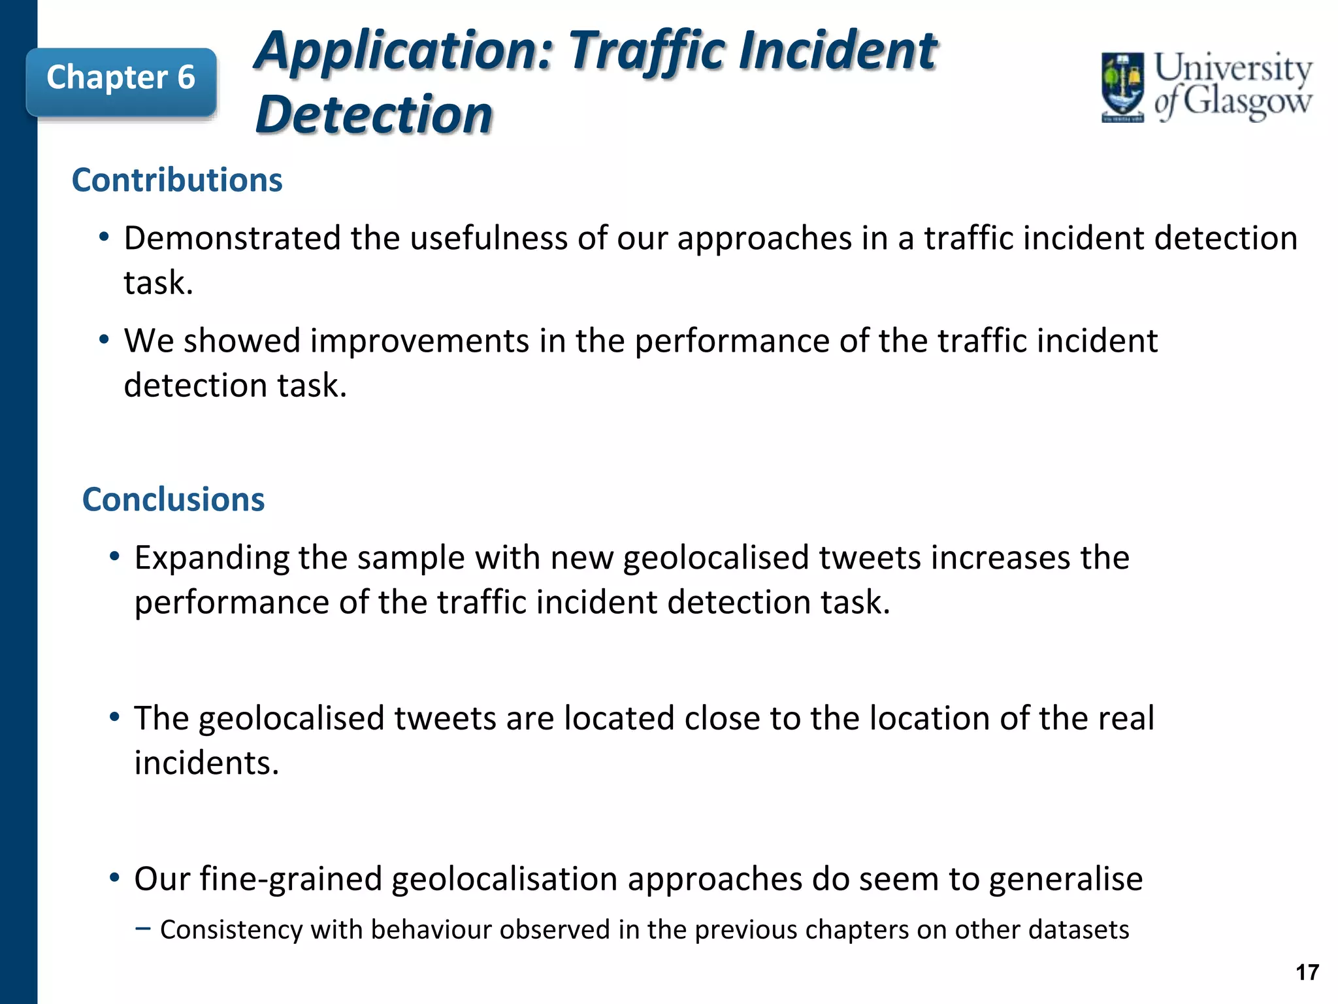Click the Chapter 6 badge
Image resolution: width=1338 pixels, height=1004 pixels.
pyautogui.click(x=121, y=78)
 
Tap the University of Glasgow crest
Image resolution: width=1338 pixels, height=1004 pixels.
pyautogui.click(x=1122, y=87)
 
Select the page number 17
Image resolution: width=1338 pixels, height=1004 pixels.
pyautogui.click(x=1307, y=973)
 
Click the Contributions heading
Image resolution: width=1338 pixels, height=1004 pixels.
pyautogui.click(x=177, y=180)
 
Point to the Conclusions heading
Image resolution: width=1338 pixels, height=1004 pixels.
pyautogui.click(x=173, y=499)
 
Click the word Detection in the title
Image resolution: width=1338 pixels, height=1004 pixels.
pyautogui.click(x=374, y=115)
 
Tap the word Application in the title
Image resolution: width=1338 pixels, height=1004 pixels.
pyautogui.click(x=404, y=50)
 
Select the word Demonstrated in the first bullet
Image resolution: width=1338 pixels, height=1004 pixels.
pyautogui.click(x=232, y=238)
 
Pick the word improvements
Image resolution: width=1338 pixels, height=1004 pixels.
pyautogui.click(x=419, y=341)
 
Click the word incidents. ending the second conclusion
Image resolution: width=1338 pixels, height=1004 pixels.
pyautogui.click(x=206, y=763)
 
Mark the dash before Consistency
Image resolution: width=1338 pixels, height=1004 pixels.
pyautogui.click(x=143, y=928)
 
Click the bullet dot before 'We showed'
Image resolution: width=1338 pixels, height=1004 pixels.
pyautogui.click(x=104, y=340)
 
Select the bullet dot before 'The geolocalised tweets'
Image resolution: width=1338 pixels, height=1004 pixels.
pyautogui.click(x=114, y=717)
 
